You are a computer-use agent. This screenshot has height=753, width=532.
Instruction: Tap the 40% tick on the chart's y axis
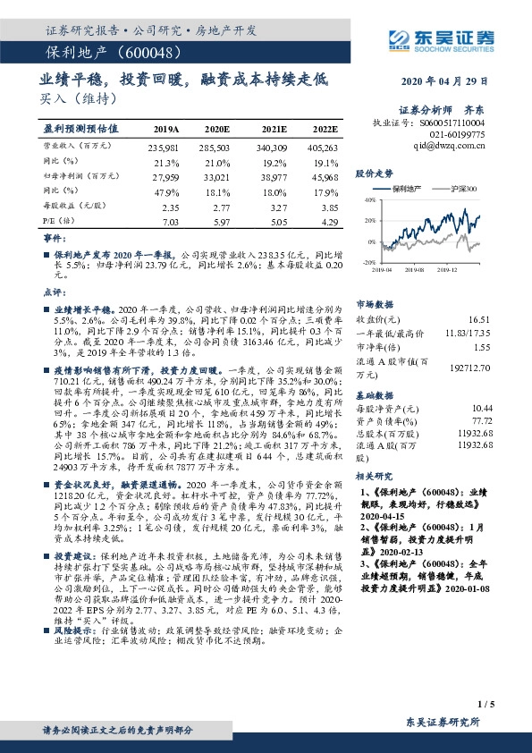click(x=370, y=202)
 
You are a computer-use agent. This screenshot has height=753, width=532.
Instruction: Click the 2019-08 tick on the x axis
click(x=414, y=267)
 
